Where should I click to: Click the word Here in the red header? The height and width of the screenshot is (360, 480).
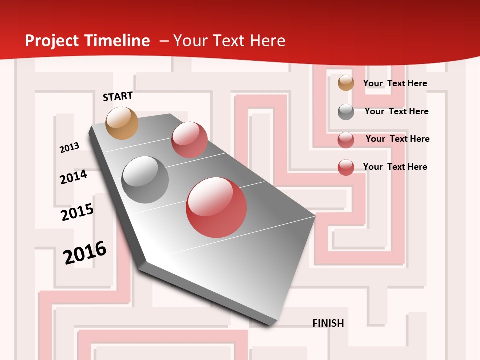pyautogui.click(x=267, y=41)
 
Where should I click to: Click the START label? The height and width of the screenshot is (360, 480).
pyautogui.click(x=118, y=96)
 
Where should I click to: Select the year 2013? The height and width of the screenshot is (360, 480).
pyautogui.click(x=69, y=148)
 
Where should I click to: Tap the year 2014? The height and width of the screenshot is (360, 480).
pyautogui.click(x=73, y=177)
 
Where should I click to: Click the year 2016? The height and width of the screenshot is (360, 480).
pyautogui.click(x=85, y=252)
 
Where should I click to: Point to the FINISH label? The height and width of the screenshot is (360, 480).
pyautogui.click(x=328, y=323)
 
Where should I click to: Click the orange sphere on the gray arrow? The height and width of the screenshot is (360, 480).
pyautogui.click(x=122, y=123)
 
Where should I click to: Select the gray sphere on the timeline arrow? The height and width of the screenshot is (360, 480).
pyautogui.click(x=145, y=180)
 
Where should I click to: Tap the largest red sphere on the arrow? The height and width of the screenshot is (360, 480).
pyautogui.click(x=216, y=207)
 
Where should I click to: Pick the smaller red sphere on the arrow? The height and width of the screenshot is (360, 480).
pyautogui.click(x=189, y=139)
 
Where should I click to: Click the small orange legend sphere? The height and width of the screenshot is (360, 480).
pyautogui.click(x=346, y=83)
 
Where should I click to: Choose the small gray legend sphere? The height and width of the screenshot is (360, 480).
pyautogui.click(x=346, y=112)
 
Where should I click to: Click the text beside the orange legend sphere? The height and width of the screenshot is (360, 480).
pyautogui.click(x=395, y=83)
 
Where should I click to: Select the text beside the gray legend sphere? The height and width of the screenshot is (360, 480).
pyautogui.click(x=396, y=111)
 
